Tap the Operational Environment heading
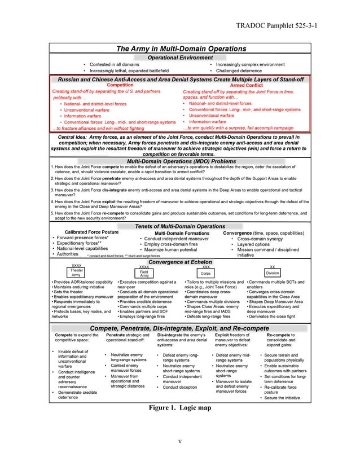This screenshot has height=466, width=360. pyautogui.click(x=180, y=58)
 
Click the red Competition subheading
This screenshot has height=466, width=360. pyautogui.click(x=120, y=85)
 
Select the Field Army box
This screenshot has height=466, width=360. pyautogui.click(x=144, y=272)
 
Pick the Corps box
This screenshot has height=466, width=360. pyautogui.click(x=206, y=272)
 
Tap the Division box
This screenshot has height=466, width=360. pyautogui.click(x=273, y=272)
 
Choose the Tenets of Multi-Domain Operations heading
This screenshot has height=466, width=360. pyautogui.click(x=180, y=226)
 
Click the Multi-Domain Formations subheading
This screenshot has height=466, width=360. pyautogui.click(x=182, y=233)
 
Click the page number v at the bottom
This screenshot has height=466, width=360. pyautogui.click(x=180, y=441)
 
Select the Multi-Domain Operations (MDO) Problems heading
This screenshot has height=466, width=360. pyautogui.click(x=180, y=161)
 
